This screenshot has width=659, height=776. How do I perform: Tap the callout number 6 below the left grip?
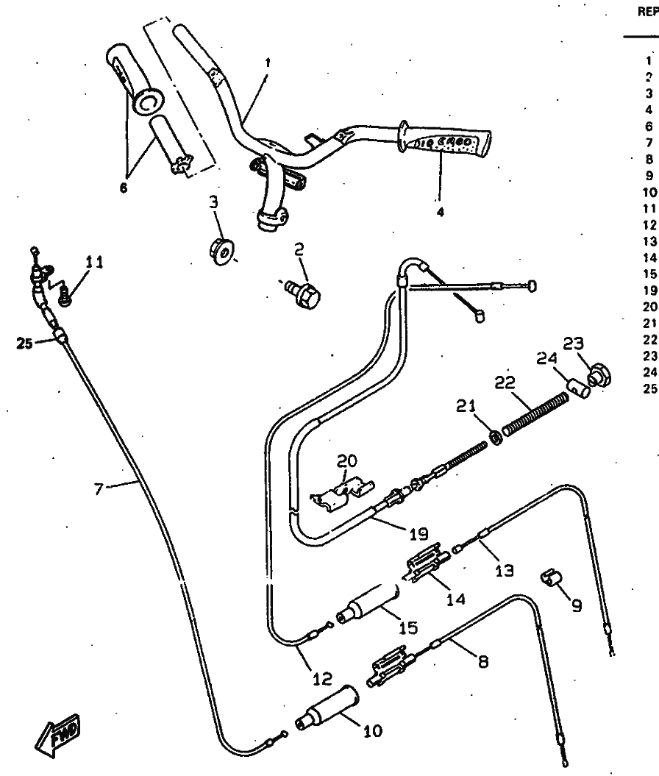point(124,188)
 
